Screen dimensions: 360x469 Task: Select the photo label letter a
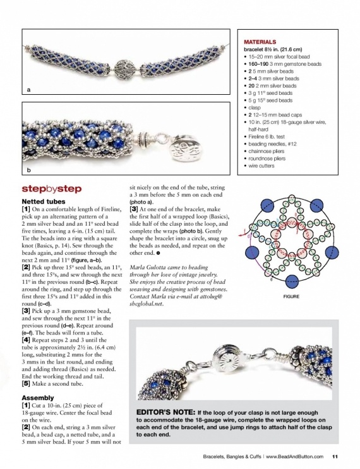point(28,91)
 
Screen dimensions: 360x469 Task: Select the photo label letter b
point(28,171)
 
